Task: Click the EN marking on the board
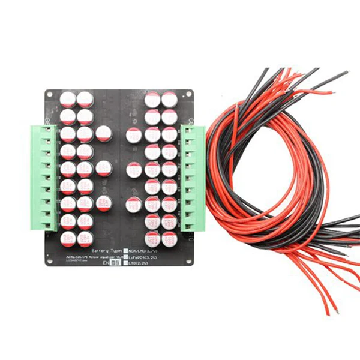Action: click(107, 263)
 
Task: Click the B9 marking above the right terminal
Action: click(190, 121)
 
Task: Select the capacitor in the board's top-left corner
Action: click(68, 98)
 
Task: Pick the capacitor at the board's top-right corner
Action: click(169, 99)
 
